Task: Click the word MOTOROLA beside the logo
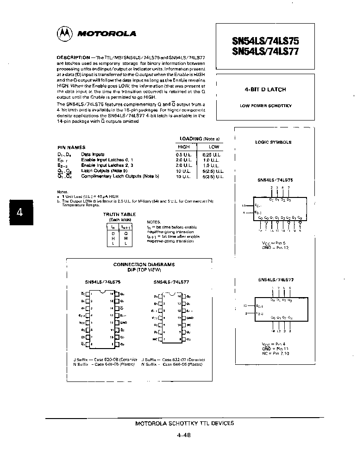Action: pyautogui.click(x=106, y=34)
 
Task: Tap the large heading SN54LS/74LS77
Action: pyautogui.click(x=265, y=51)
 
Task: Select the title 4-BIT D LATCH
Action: pyautogui.click(x=265, y=89)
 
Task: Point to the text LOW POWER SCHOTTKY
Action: pyautogui.click(x=265, y=106)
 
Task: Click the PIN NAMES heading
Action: pyautogui.click(x=69, y=147)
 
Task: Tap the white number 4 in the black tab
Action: pyautogui.click(x=19, y=212)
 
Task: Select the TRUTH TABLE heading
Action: pyautogui.click(x=119, y=214)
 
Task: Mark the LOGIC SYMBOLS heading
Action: pyautogui.click(x=273, y=142)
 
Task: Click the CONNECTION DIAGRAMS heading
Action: pyautogui.click(x=144, y=264)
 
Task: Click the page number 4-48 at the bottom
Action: pyautogui.click(x=184, y=435)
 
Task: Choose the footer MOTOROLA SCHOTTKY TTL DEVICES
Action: pyautogui.click(x=184, y=423)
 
